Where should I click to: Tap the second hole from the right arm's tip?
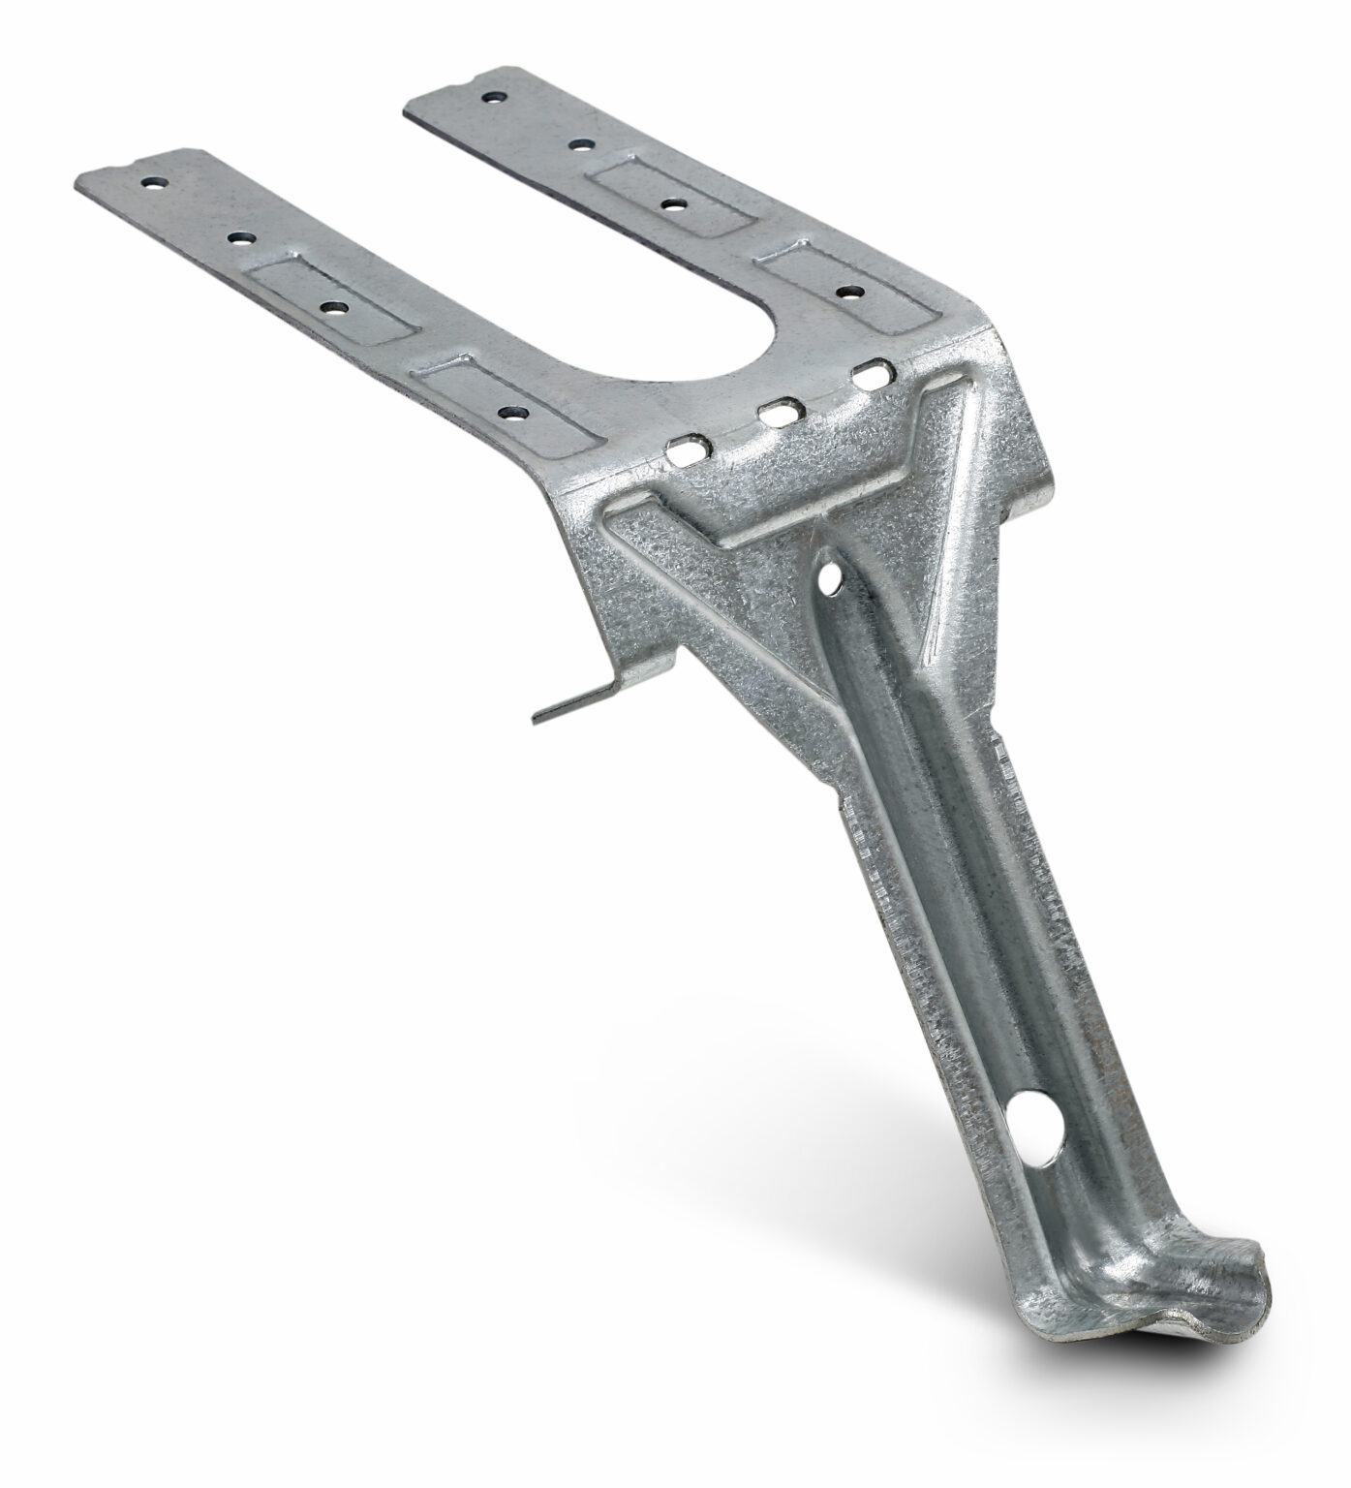[580, 145]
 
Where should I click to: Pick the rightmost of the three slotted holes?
[869, 372]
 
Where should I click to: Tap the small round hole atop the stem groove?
[829, 579]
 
